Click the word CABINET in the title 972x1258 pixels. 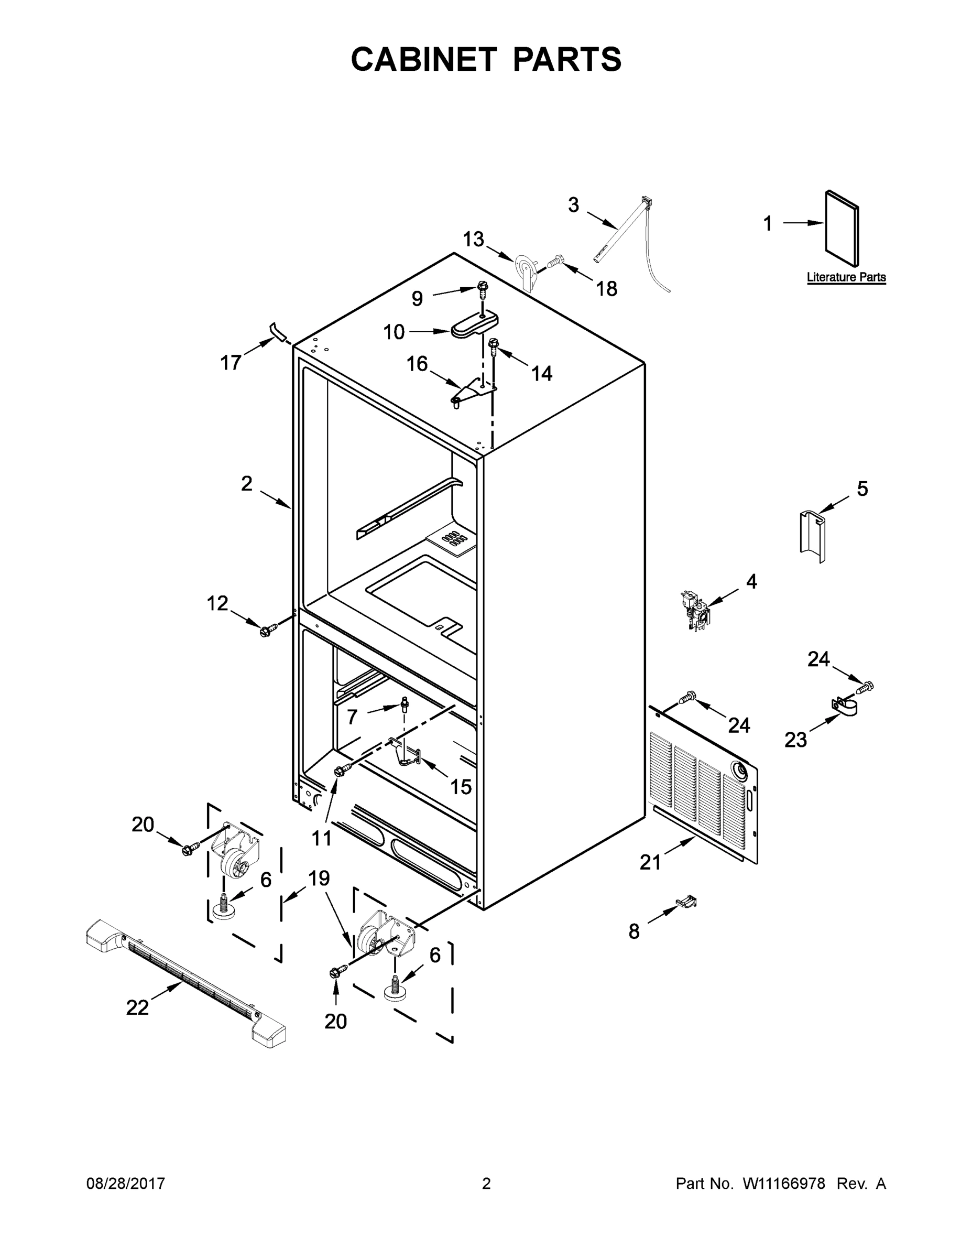tap(423, 59)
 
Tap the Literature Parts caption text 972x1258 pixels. tap(846, 277)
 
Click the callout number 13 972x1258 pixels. tap(473, 239)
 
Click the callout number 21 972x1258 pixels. tap(650, 862)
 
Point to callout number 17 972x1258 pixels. tap(231, 363)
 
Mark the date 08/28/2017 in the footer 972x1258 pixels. tap(126, 1184)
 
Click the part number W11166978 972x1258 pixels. tap(784, 1184)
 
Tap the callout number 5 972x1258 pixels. tap(862, 489)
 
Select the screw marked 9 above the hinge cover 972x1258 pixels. tap(483, 286)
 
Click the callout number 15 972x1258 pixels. tap(461, 786)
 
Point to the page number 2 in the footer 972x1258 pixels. tap(486, 1184)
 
